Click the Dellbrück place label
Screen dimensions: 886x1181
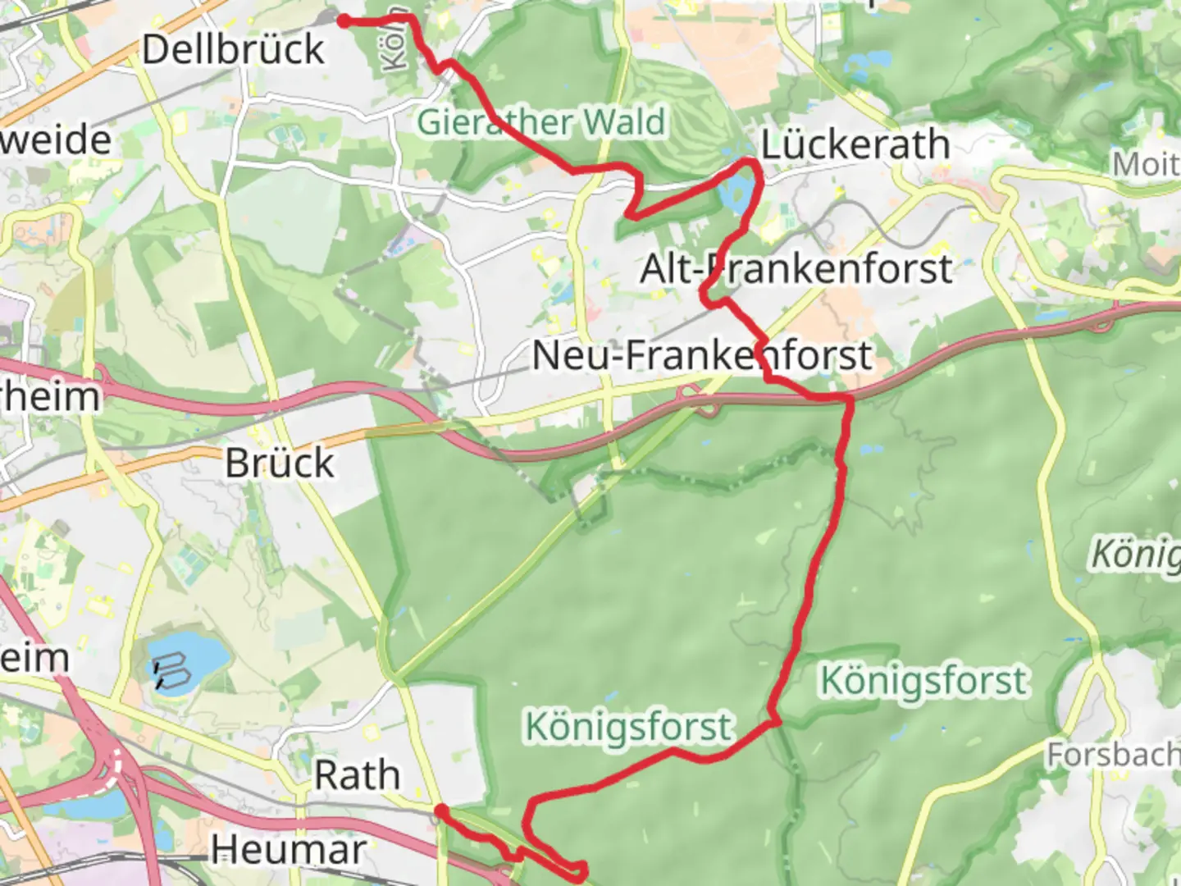tap(233, 49)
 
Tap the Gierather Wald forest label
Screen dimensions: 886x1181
tap(541, 123)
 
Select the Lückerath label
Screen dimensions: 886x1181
tap(855, 145)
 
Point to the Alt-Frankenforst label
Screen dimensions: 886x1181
tap(796, 269)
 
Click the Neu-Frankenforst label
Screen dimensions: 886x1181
tap(701, 356)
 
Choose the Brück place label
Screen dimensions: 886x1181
tap(280, 464)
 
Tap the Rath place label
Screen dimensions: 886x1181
tap(358, 775)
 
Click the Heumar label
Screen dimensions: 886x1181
tap(288, 850)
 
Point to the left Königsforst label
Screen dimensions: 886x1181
tap(628, 727)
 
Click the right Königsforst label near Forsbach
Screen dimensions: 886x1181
tap(923, 681)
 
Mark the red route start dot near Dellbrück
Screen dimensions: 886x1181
tap(344, 21)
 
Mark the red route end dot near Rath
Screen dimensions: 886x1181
tap(440, 811)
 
